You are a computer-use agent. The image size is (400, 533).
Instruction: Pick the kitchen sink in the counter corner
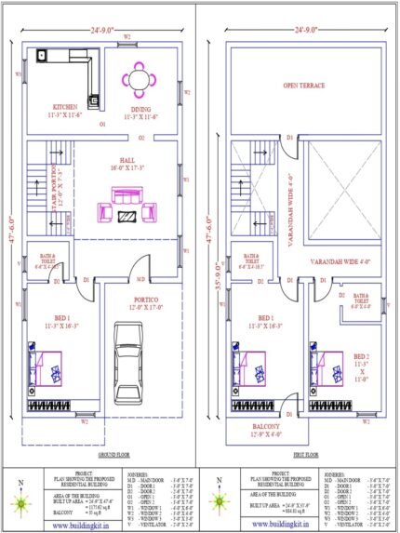[42, 57]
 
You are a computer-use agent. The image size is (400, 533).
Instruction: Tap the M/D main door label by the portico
[140, 278]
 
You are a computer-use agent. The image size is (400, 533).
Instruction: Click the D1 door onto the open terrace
[289, 138]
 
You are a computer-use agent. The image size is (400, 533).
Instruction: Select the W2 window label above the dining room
[127, 37]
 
